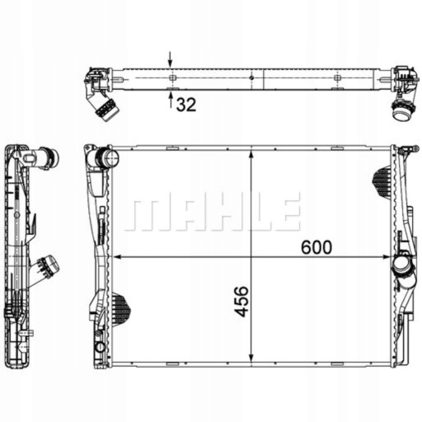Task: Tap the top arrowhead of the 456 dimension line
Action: tap(251, 154)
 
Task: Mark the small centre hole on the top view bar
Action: tap(251, 79)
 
